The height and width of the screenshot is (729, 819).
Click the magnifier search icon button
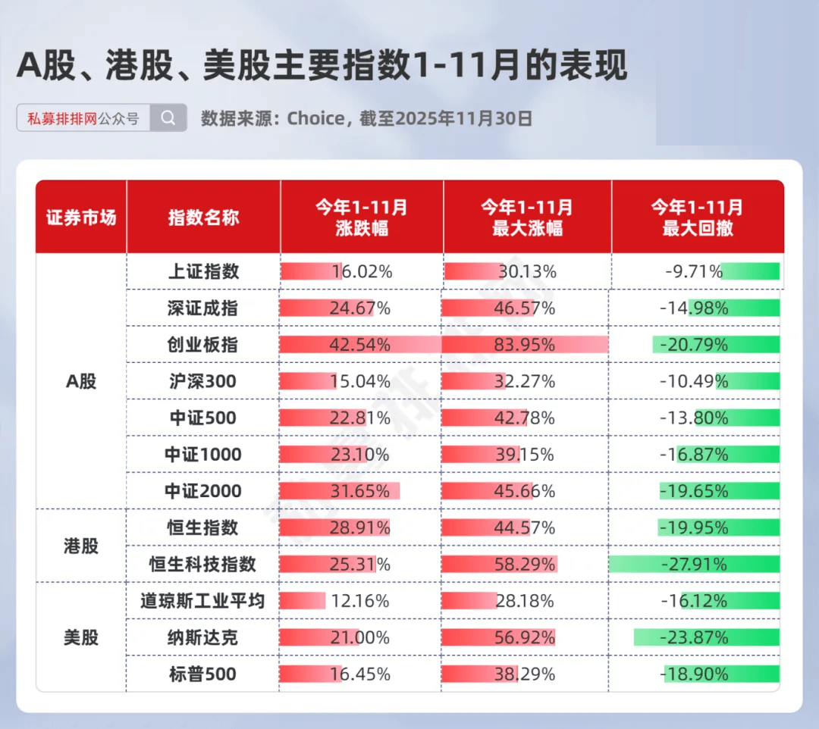[168, 118]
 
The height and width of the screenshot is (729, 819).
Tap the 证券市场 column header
[81, 217]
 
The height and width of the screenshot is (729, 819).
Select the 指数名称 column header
[203, 217]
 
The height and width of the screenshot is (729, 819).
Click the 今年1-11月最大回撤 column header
[697, 217]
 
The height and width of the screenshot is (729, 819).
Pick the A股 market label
[81, 381]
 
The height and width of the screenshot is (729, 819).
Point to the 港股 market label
[81, 546]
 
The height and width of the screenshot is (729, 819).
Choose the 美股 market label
[81, 637]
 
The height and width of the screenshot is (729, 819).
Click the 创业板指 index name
[202, 345]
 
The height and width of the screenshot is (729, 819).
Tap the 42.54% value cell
[359, 345]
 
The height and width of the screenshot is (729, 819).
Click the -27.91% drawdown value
[693, 565]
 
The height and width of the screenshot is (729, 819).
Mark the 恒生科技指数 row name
[202, 565]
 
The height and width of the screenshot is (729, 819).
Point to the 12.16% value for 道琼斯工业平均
[359, 601]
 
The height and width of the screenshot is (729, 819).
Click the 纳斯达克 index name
[202, 637]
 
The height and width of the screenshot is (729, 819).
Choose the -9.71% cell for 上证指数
[693, 271]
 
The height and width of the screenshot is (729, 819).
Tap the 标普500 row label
[202, 674]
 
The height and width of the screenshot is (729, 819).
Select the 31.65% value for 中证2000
[359, 491]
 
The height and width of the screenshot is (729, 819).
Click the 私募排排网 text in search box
[62, 119]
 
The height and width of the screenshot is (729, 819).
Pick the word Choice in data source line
[315, 118]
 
